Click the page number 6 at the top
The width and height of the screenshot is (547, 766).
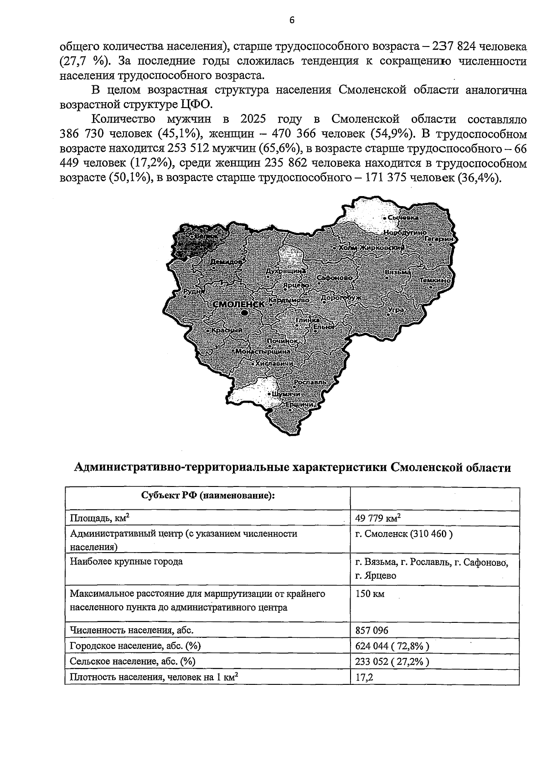(292, 20)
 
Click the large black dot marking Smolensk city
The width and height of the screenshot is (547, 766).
(245, 313)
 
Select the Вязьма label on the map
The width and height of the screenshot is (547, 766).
(398, 272)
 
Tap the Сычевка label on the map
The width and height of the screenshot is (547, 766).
(403, 218)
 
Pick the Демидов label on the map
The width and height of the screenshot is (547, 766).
(227, 263)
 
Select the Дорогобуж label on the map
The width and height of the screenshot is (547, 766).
(341, 298)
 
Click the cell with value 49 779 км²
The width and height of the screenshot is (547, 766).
(378, 518)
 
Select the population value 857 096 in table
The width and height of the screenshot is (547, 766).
(372, 631)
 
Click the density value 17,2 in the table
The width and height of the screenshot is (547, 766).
(364, 677)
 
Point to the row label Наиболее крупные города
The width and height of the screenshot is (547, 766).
(126, 561)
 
